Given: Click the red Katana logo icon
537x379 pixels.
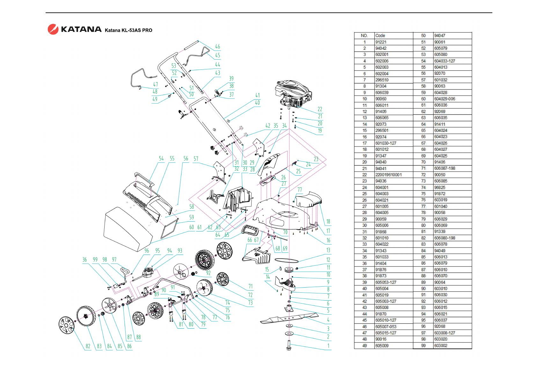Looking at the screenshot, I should click(53, 29).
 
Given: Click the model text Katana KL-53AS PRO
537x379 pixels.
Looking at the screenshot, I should click(129, 30).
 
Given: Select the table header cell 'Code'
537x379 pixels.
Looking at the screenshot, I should click(380, 36).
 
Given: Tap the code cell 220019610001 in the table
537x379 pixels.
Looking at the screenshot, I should click(388, 175).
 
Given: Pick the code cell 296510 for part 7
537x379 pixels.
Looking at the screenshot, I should click(382, 80).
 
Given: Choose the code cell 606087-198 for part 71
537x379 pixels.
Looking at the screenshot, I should click(445, 168).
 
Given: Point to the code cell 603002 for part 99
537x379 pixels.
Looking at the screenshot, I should click(441, 346).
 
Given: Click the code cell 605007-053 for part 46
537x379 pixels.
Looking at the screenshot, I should click(386, 326).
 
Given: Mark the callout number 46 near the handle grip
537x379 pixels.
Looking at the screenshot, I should click(217, 46).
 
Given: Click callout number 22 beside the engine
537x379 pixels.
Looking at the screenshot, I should click(320, 109).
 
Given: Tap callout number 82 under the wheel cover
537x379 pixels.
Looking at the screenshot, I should click(88, 346).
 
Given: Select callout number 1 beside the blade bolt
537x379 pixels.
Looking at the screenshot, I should click(328, 346).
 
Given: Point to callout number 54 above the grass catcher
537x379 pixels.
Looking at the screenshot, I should click(161, 159).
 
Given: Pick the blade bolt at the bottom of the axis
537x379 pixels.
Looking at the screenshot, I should click(289, 346).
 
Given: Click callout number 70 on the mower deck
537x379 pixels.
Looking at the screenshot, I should click(285, 232).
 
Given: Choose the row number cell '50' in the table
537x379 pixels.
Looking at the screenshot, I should click(423, 36).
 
